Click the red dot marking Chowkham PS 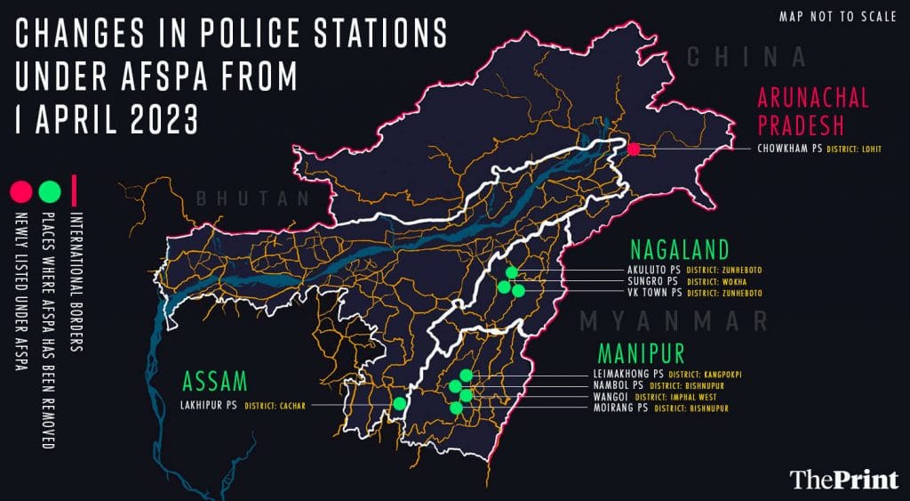tap(634, 149)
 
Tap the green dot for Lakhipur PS tap(400, 403)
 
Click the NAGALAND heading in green tap(681, 248)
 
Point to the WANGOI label tap(611, 397)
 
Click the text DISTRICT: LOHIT tap(854, 149)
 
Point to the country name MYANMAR tap(673, 319)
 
